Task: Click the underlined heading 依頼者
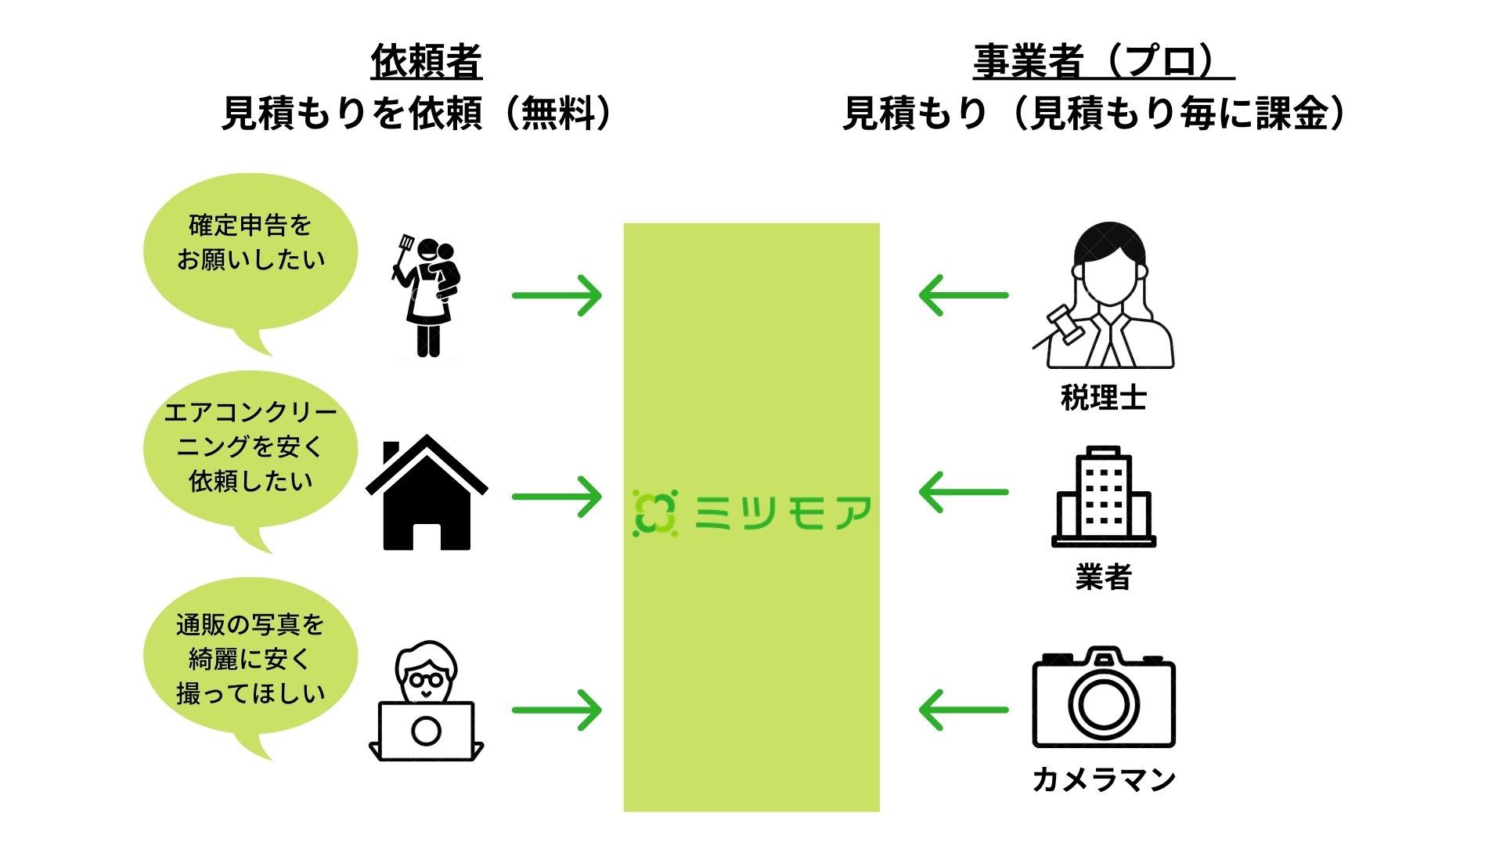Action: [426, 62]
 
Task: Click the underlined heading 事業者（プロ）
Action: [1103, 62]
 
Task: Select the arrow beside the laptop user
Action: [557, 710]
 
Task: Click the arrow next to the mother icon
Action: [557, 295]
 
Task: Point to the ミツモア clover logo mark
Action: [654, 514]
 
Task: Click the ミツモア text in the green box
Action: [782, 514]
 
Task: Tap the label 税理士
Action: [1103, 398]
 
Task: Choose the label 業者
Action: [1103, 578]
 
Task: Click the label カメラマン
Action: [1103, 779]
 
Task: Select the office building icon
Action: [1103, 497]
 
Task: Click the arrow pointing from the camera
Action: [964, 710]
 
